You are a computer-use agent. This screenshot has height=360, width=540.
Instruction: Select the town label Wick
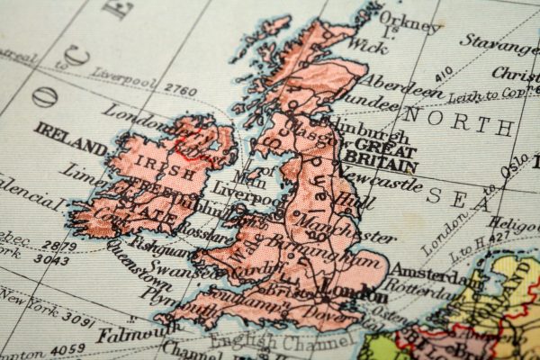[x=371, y=42]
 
